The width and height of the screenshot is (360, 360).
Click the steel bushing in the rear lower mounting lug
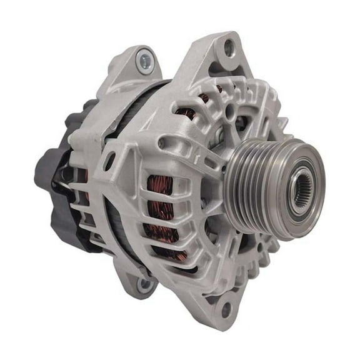point(145,284)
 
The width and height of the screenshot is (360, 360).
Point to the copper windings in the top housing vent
point(187,112)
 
